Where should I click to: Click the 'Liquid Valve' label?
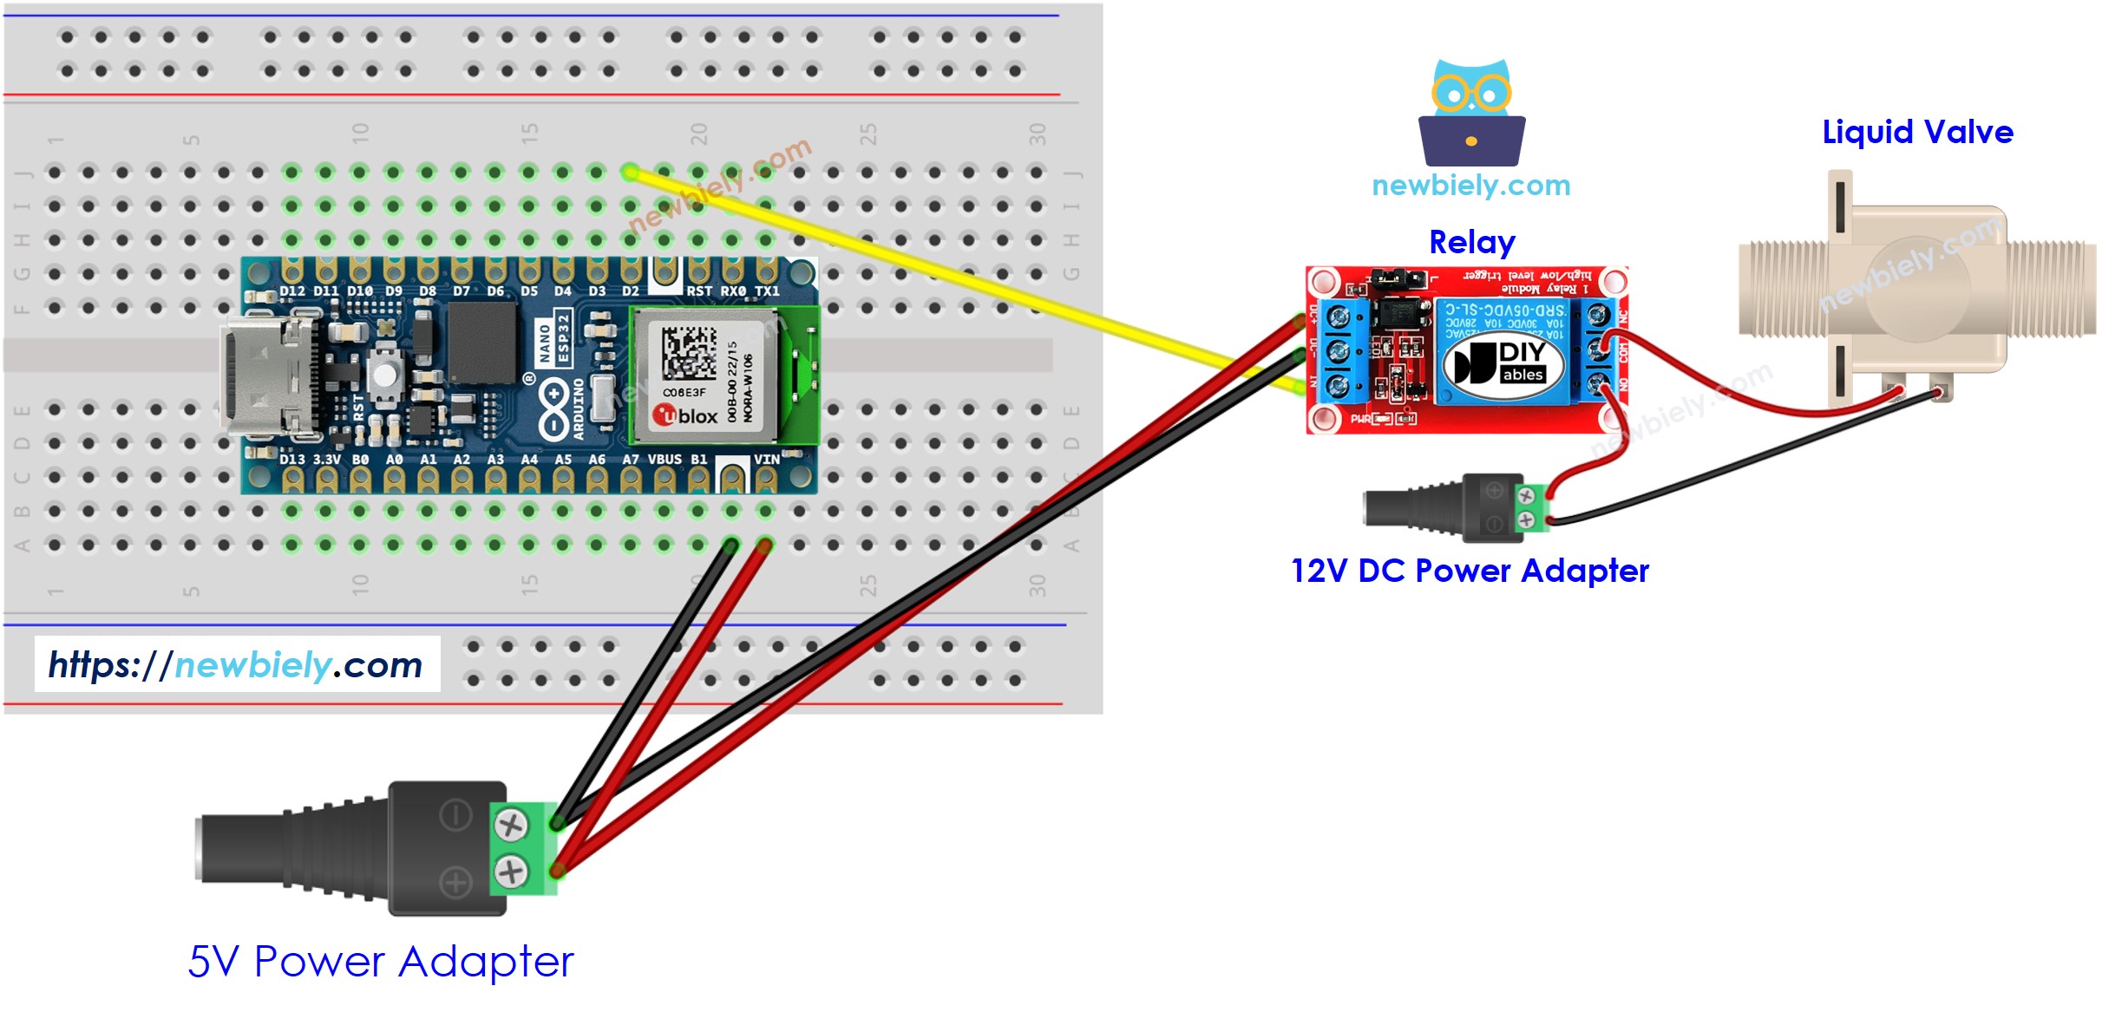click(x=1916, y=132)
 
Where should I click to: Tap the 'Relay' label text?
click(x=1471, y=242)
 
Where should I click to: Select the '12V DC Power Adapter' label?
click(x=1470, y=571)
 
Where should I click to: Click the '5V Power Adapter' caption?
click(x=381, y=961)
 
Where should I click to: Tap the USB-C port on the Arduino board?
click(x=265, y=375)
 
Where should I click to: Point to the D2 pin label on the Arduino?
click(x=631, y=291)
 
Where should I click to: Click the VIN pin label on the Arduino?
click(x=766, y=459)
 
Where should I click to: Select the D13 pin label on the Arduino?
click(x=291, y=459)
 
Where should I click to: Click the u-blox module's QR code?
click(x=689, y=352)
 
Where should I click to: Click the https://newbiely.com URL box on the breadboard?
click(x=237, y=664)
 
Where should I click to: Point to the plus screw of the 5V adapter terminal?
click(x=511, y=870)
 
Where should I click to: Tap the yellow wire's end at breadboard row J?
click(x=631, y=172)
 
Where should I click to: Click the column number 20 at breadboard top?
click(x=698, y=134)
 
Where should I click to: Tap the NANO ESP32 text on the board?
click(x=553, y=339)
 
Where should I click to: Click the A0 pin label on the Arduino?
click(x=394, y=459)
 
